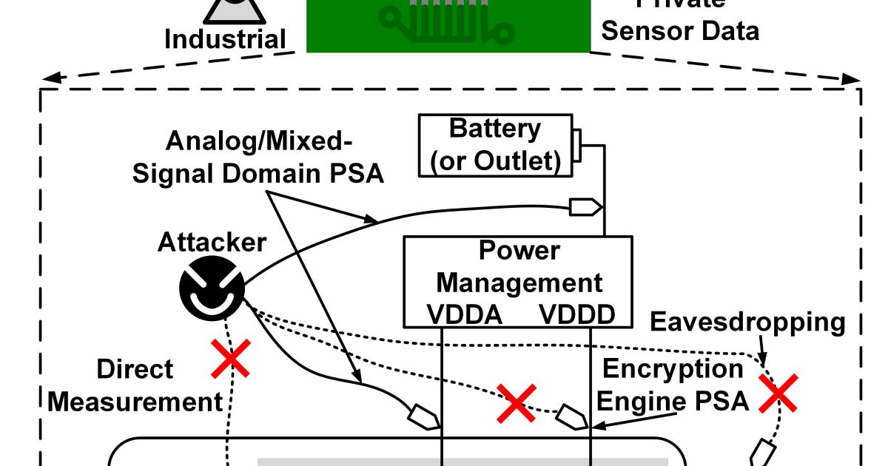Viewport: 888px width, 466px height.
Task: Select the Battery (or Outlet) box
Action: [495, 146]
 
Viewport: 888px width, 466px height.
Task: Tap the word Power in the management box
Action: [519, 251]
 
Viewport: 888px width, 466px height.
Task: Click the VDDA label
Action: [465, 316]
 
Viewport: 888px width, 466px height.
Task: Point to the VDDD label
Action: [577, 316]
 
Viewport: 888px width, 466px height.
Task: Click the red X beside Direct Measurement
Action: [232, 357]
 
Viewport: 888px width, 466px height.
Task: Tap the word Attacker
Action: [211, 242]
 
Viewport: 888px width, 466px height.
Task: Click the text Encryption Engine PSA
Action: [672, 385]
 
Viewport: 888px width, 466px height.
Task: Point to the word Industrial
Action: [225, 39]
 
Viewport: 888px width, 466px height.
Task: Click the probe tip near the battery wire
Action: [584, 208]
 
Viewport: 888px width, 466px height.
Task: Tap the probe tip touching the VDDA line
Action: [423, 417]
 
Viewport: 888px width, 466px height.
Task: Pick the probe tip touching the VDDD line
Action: [573, 416]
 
